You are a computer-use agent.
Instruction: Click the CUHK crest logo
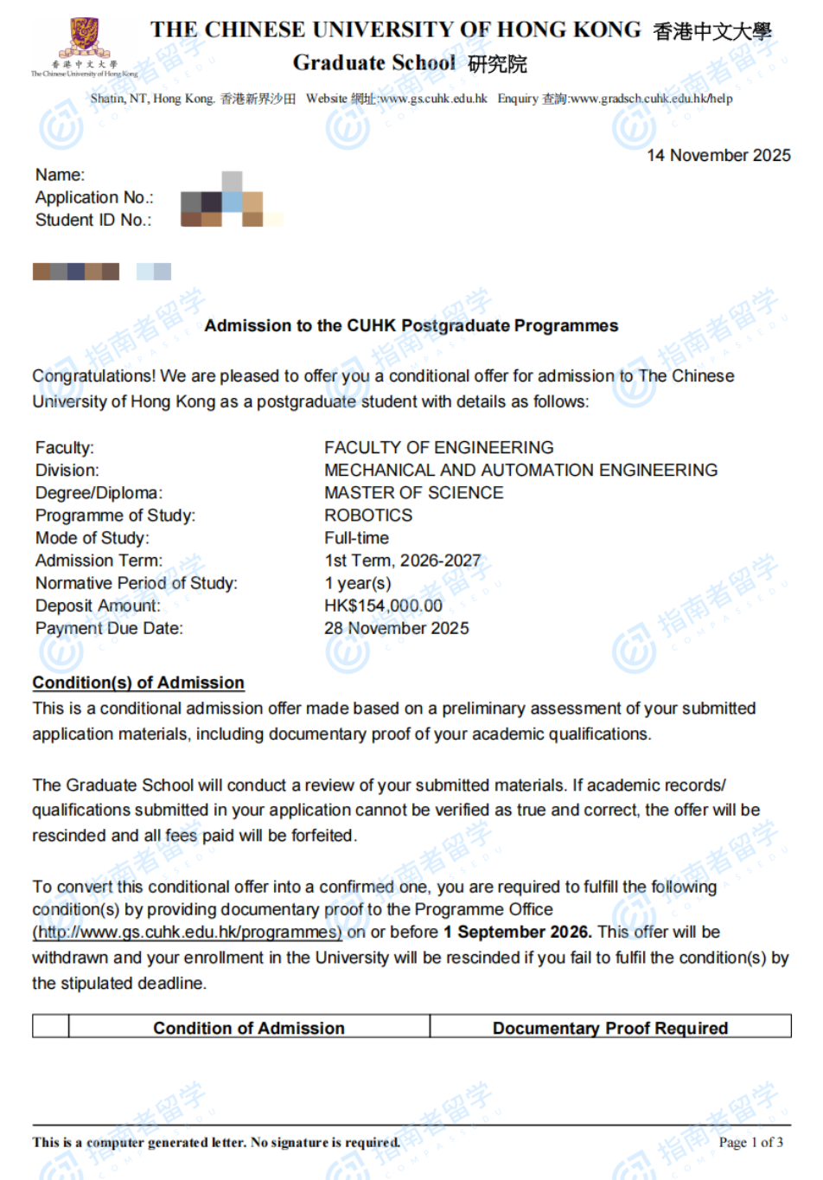(84, 38)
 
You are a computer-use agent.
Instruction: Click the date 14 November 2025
(718, 156)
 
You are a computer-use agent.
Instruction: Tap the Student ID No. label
(93, 221)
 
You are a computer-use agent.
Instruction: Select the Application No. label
(94, 198)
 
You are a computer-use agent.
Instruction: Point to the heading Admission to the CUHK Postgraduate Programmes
(411, 326)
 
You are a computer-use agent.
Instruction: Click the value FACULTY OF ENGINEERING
(439, 448)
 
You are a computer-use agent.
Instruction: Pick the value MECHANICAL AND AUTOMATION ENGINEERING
(520, 471)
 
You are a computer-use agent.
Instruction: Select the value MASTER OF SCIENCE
(414, 493)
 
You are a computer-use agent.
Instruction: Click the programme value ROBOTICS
(368, 516)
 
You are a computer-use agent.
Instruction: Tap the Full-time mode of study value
(356, 538)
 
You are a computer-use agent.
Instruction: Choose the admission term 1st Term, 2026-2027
(403, 561)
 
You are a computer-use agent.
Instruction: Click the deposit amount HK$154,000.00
(383, 606)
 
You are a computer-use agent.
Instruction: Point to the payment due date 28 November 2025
(397, 629)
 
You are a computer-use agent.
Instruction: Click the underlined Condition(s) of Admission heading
(138, 683)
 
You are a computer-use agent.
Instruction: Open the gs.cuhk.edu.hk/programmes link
(188, 933)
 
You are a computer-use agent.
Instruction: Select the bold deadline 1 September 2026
(517, 933)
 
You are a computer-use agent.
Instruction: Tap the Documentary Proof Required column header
(610, 1028)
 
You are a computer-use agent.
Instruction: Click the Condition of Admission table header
(249, 1028)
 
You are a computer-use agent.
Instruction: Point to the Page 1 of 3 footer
(750, 1143)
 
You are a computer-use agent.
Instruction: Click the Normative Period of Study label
(137, 584)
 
